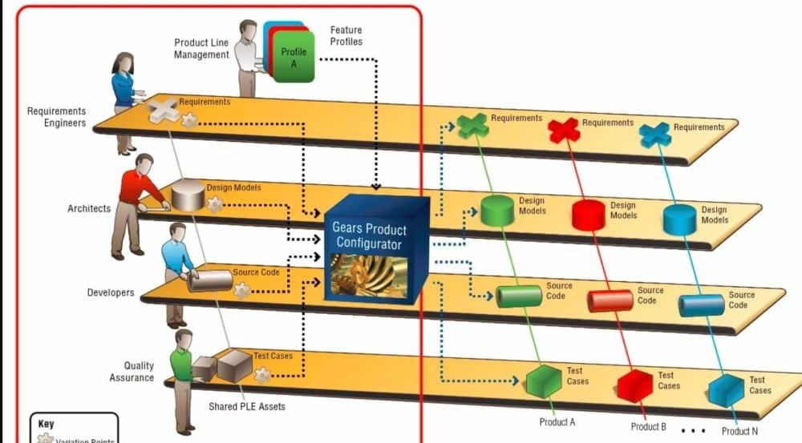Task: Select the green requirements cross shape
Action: pyautogui.click(x=473, y=126)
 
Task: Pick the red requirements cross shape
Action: pyautogui.click(x=564, y=129)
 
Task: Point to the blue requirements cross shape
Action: pyautogui.click(x=655, y=134)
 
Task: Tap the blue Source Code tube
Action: pyautogui.click(x=701, y=305)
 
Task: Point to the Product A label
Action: pyautogui.click(x=557, y=422)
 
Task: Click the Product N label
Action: pyautogui.click(x=739, y=431)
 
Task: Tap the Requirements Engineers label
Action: pyautogui.click(x=56, y=117)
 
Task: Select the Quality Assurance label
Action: pyautogui.click(x=132, y=372)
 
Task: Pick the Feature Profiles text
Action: pyautogui.click(x=346, y=35)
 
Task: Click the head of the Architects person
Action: pyautogui.click(x=144, y=163)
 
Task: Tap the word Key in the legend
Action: pyautogui.click(x=46, y=423)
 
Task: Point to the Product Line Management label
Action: pyautogui.click(x=201, y=49)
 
